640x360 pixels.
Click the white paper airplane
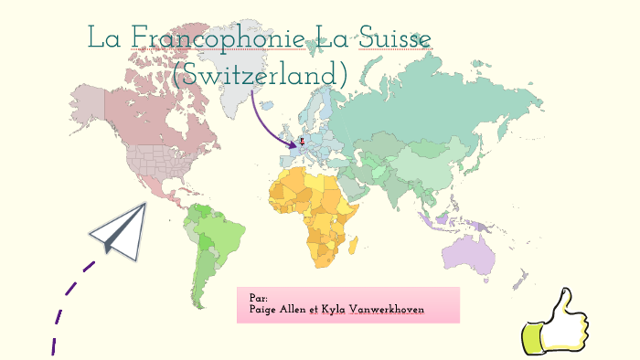[120, 228]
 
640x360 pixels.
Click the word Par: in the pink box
[258, 298]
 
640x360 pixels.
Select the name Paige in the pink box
[265, 310]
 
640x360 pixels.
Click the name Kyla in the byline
[335, 310]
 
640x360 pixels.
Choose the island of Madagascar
[359, 245]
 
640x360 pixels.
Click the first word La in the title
[105, 38]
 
